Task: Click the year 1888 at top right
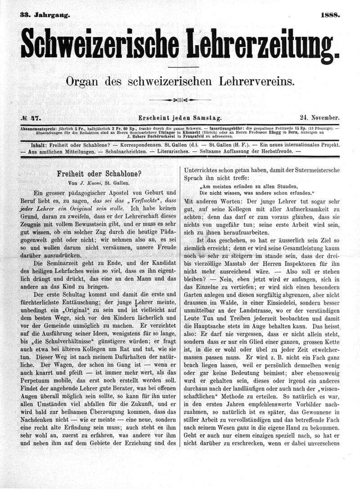[330, 15]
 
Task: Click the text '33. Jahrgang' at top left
[45, 15]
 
